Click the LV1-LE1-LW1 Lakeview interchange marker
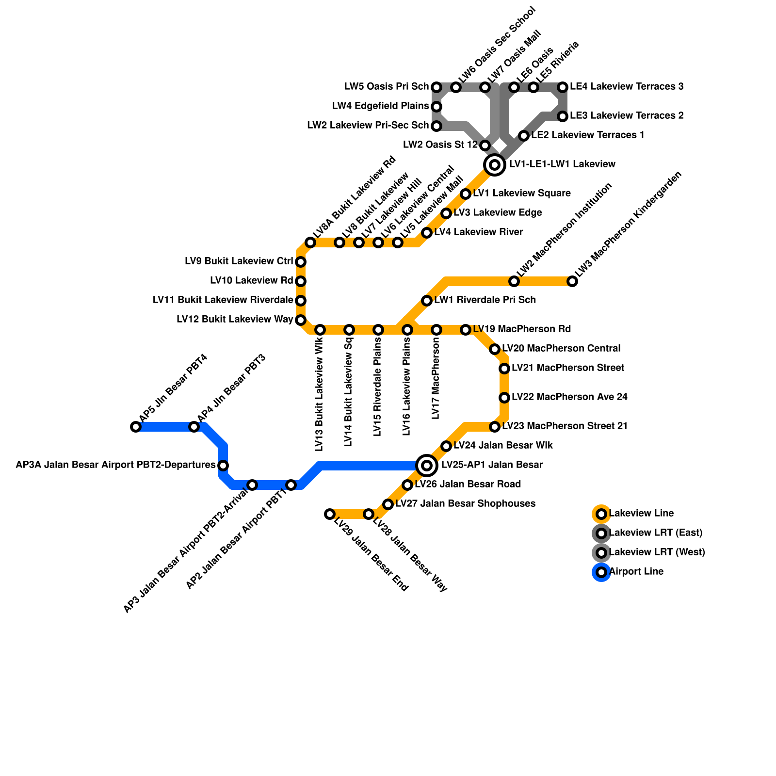coord(495,165)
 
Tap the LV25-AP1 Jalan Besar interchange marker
coord(427,466)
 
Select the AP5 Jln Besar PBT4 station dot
coord(136,427)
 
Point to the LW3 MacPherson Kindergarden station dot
coord(572,281)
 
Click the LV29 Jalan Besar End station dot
coord(330,514)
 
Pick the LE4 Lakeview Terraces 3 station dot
coord(563,87)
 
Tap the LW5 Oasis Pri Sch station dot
coord(436,87)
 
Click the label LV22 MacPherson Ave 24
coord(569,397)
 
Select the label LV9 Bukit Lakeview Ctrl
coord(239,261)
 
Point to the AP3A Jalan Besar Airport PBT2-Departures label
coord(115,465)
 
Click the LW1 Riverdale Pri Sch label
coord(485,300)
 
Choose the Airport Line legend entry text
coord(636,572)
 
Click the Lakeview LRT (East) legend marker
coord(601,533)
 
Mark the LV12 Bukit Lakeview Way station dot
coord(301,320)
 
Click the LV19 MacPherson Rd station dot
coord(466,330)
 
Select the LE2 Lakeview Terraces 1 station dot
coord(524,136)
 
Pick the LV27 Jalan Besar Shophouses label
coord(465,504)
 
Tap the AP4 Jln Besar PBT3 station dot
coord(194,427)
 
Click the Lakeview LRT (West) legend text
coord(657,552)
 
